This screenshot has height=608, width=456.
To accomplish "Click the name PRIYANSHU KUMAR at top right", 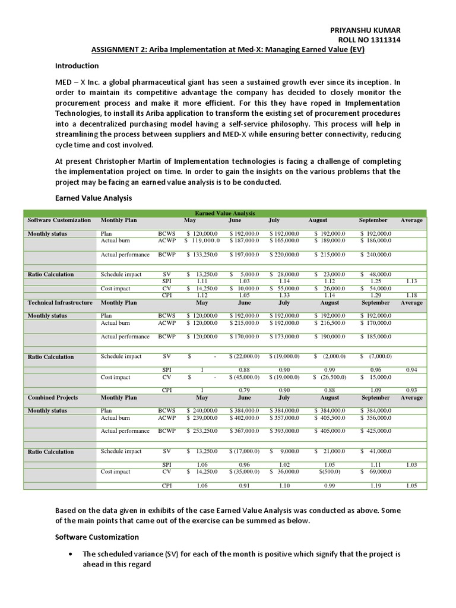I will pyautogui.click(x=365, y=30).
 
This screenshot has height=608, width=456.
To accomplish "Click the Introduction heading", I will pyautogui.click(x=77, y=66).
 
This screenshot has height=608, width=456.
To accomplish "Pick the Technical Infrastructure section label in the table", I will pyautogui.click(x=60, y=303).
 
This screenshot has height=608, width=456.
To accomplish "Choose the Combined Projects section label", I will pyautogui.click(x=53, y=397).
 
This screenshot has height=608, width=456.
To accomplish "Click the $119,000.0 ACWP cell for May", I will pyautogui.click(x=202, y=240).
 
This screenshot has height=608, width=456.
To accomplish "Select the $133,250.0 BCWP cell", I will pyautogui.click(x=202, y=254).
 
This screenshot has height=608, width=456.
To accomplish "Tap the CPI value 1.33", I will pyautogui.click(x=284, y=295).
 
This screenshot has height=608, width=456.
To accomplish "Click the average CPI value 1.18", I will pyautogui.click(x=411, y=295).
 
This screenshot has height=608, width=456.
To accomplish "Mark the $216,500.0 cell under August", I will pyautogui.click(x=330, y=323).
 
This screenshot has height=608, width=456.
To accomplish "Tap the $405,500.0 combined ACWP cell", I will pyautogui.click(x=330, y=417).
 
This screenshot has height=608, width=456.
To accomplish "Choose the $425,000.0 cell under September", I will pyautogui.click(x=375, y=431).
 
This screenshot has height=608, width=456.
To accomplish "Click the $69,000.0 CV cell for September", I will pyautogui.click(x=375, y=472).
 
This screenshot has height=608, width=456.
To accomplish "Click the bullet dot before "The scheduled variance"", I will pyautogui.click(x=71, y=554).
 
